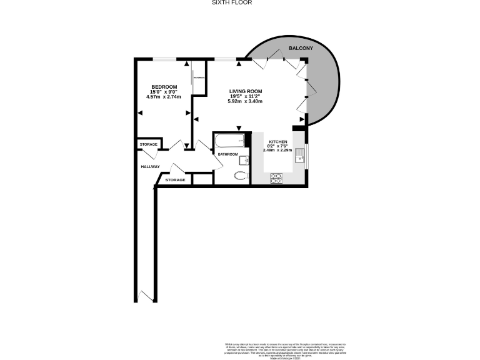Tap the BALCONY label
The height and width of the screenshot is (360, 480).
pyautogui.click(x=301, y=48)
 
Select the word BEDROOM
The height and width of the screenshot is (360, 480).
pyautogui.click(x=164, y=86)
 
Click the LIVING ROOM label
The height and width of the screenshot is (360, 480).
pyautogui.click(x=244, y=91)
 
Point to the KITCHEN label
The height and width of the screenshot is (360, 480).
pyautogui.click(x=278, y=142)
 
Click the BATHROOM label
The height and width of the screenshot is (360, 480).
pyautogui.click(x=227, y=154)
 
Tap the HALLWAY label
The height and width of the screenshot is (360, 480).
pyautogui.click(x=150, y=166)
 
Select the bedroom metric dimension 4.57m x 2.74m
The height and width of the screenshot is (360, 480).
pyautogui.click(x=164, y=97)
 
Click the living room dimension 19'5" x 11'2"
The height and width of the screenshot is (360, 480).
pyautogui.click(x=244, y=96)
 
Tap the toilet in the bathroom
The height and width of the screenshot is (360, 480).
pyautogui.click(x=239, y=176)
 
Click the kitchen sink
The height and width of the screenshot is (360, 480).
pyautogui.click(x=300, y=154)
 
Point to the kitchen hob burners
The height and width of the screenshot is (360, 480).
pyautogui.click(x=276, y=179)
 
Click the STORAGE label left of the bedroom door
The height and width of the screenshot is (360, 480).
pyautogui.click(x=149, y=144)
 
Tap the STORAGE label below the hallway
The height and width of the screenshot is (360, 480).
pyautogui.click(x=175, y=180)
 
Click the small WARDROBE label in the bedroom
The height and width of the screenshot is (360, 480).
pyautogui.click(x=199, y=77)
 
